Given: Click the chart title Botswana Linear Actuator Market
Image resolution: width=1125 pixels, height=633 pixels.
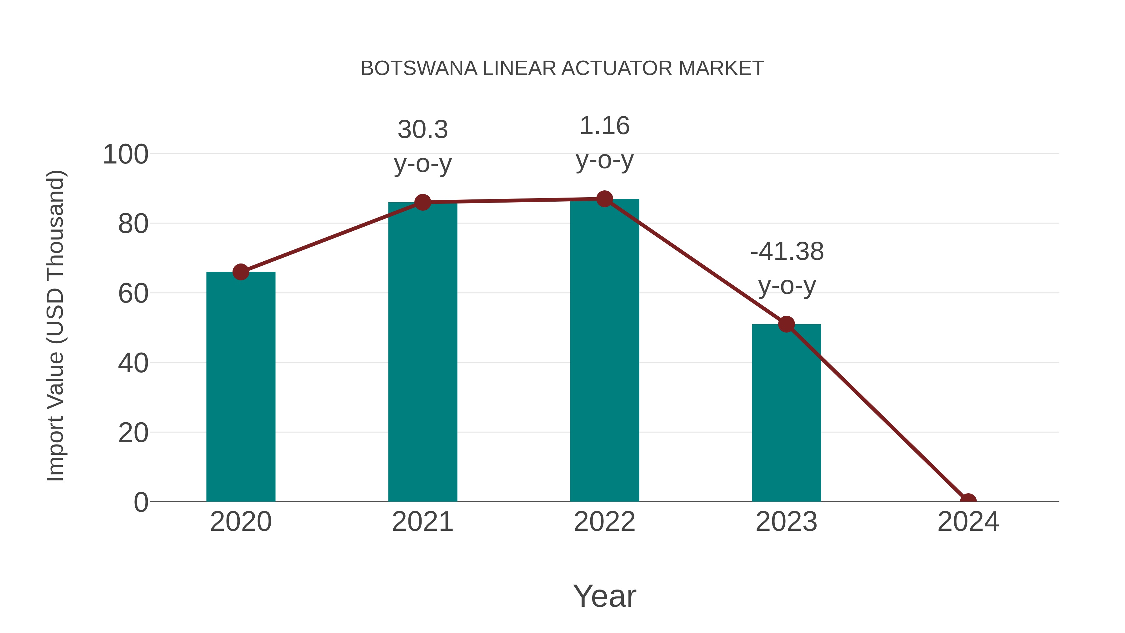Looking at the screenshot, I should pos(562,68).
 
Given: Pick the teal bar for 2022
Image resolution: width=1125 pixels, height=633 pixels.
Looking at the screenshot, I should pos(604,350).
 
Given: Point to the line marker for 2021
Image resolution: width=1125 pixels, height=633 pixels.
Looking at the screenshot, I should pos(422,202).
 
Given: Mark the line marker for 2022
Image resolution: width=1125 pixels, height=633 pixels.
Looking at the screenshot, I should pos(604,199).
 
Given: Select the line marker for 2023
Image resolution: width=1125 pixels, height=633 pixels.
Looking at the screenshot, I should pos(786,324).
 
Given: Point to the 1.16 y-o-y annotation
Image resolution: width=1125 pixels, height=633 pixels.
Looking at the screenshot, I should pos(604,143).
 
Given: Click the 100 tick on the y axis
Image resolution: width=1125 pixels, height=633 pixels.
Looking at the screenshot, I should pos(125,155).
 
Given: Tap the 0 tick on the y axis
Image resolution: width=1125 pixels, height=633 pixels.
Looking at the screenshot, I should pos(141,502).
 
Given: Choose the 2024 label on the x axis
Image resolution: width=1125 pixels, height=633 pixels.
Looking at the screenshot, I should pos(968,522).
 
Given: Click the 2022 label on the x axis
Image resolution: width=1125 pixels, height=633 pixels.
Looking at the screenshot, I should pos(604,522).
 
